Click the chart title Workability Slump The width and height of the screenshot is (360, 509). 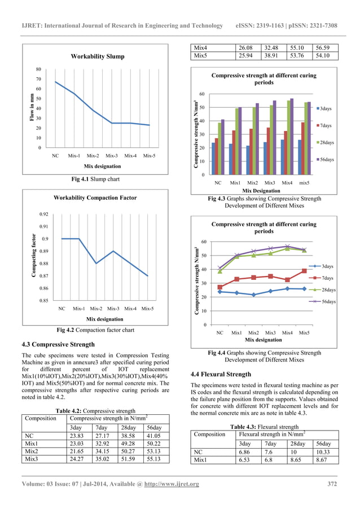coord(97,56)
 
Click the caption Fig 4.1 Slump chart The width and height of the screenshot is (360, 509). coord(94,179)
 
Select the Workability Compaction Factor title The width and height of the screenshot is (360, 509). coord(95,198)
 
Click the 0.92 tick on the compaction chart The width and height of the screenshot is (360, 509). coord(43,214)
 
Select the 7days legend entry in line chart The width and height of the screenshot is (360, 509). coord(327,278)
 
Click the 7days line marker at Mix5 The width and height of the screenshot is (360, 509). coord(304,271)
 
